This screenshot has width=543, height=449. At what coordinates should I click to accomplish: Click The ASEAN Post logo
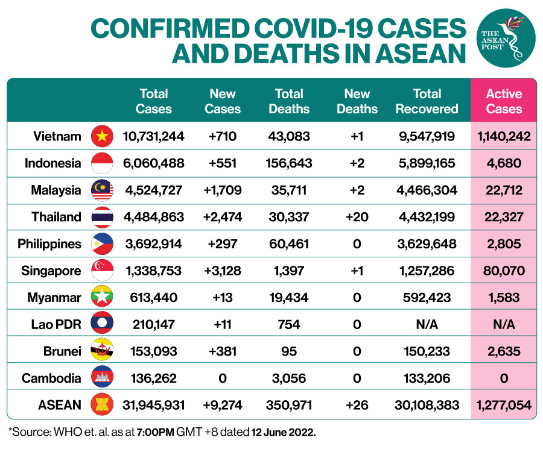[509, 38]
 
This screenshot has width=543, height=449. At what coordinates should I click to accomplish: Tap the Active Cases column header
[504, 101]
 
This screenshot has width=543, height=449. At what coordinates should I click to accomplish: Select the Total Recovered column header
[427, 101]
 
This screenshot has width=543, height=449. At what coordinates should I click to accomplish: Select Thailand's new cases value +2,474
[223, 217]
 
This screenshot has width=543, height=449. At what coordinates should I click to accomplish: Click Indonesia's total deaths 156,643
[289, 163]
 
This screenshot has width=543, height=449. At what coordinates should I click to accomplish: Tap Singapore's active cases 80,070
[504, 271]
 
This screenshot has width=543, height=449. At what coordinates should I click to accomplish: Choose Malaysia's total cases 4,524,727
[154, 190]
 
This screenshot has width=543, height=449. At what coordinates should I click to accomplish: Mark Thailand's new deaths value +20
[357, 217]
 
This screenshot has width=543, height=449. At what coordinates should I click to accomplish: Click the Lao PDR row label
[55, 325]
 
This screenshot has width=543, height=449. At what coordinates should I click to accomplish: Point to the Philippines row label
[49, 244]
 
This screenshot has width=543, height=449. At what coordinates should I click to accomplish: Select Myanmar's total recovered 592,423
[427, 298]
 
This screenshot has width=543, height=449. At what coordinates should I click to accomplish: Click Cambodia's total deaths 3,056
[289, 378]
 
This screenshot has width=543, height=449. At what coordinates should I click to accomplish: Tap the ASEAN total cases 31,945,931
[154, 406]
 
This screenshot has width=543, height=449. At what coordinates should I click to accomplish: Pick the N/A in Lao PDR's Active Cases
[504, 325]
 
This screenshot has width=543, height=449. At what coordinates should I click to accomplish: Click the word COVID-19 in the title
[307, 29]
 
